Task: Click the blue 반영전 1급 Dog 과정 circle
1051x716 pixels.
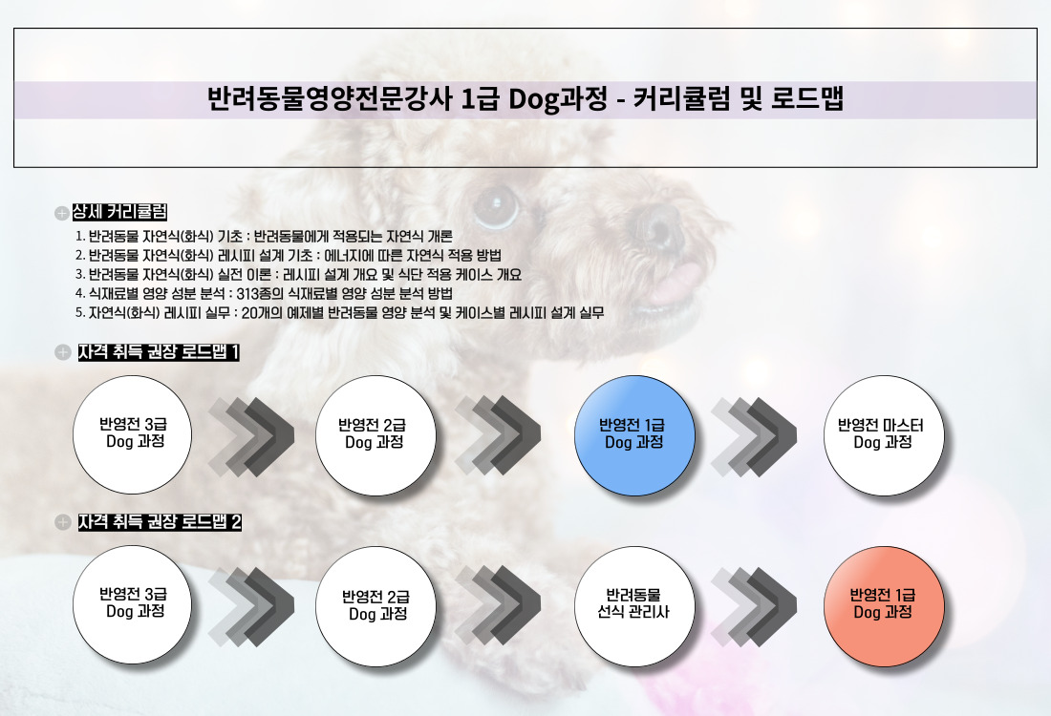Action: tap(634, 435)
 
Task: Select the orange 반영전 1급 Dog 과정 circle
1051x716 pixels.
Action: tap(884, 605)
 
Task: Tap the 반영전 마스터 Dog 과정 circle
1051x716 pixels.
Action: tap(884, 435)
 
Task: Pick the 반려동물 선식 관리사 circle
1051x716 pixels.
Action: tap(634, 605)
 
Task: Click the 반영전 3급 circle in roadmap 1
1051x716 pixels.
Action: tap(132, 434)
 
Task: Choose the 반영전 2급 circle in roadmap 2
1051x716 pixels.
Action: tap(375, 605)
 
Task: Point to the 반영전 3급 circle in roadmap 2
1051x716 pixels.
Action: tap(132, 605)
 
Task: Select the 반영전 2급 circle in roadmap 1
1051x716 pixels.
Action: tap(375, 435)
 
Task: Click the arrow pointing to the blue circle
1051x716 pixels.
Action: tap(498, 435)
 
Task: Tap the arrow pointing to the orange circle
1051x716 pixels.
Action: tap(754, 606)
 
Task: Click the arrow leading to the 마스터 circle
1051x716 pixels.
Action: tap(754, 436)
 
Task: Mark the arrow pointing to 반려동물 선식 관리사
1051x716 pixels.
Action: tap(498, 605)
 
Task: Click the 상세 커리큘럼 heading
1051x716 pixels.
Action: tap(119, 212)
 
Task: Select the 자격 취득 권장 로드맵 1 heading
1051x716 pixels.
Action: tap(159, 351)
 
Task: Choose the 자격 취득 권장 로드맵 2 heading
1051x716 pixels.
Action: tap(160, 522)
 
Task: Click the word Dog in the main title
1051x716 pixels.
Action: tap(533, 100)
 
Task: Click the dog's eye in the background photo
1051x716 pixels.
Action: tap(497, 205)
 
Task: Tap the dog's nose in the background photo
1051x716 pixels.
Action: tap(658, 224)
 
